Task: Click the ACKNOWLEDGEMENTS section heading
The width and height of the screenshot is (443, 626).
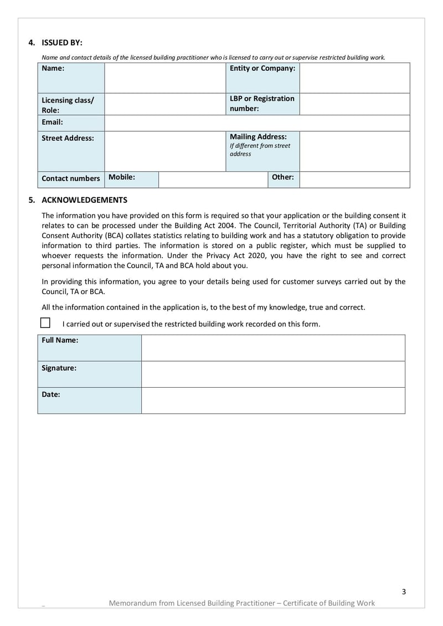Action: [x=84, y=200]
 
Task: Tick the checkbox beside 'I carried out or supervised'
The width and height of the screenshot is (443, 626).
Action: [x=45, y=322]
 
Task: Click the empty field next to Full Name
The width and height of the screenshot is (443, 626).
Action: [x=273, y=347]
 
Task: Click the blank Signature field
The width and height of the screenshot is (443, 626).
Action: [x=273, y=374]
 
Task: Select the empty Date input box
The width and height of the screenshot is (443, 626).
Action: [x=273, y=400]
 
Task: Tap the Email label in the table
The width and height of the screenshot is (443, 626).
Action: [x=53, y=122]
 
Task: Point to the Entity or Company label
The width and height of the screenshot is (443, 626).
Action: [x=262, y=68]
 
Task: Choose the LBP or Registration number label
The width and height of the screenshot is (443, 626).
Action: [x=262, y=104]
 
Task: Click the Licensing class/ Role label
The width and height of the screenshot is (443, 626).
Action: [x=68, y=105]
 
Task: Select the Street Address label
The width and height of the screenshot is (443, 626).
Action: [x=68, y=138]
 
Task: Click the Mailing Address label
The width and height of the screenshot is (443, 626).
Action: [x=258, y=136]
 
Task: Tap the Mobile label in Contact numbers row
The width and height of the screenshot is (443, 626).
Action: [x=122, y=177]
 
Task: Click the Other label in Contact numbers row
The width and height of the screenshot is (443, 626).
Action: [x=282, y=177]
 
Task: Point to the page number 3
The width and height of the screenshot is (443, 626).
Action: [x=404, y=592]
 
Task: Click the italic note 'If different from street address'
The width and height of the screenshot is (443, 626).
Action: [x=260, y=150]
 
